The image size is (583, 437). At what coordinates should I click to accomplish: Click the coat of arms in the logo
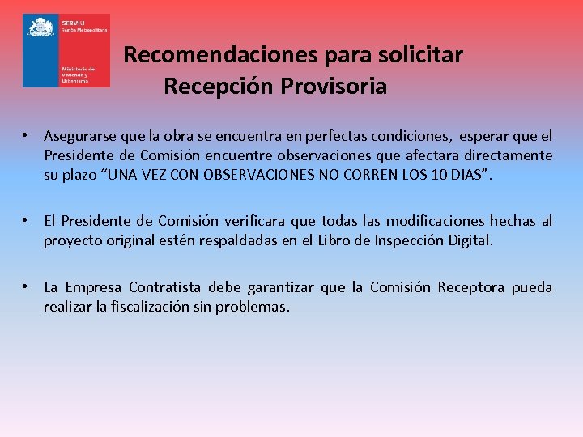point(40,28)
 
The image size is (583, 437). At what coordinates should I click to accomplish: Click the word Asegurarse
point(81,135)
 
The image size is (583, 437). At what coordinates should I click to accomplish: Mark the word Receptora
point(472,287)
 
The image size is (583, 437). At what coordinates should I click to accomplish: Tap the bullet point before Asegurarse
point(27,135)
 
